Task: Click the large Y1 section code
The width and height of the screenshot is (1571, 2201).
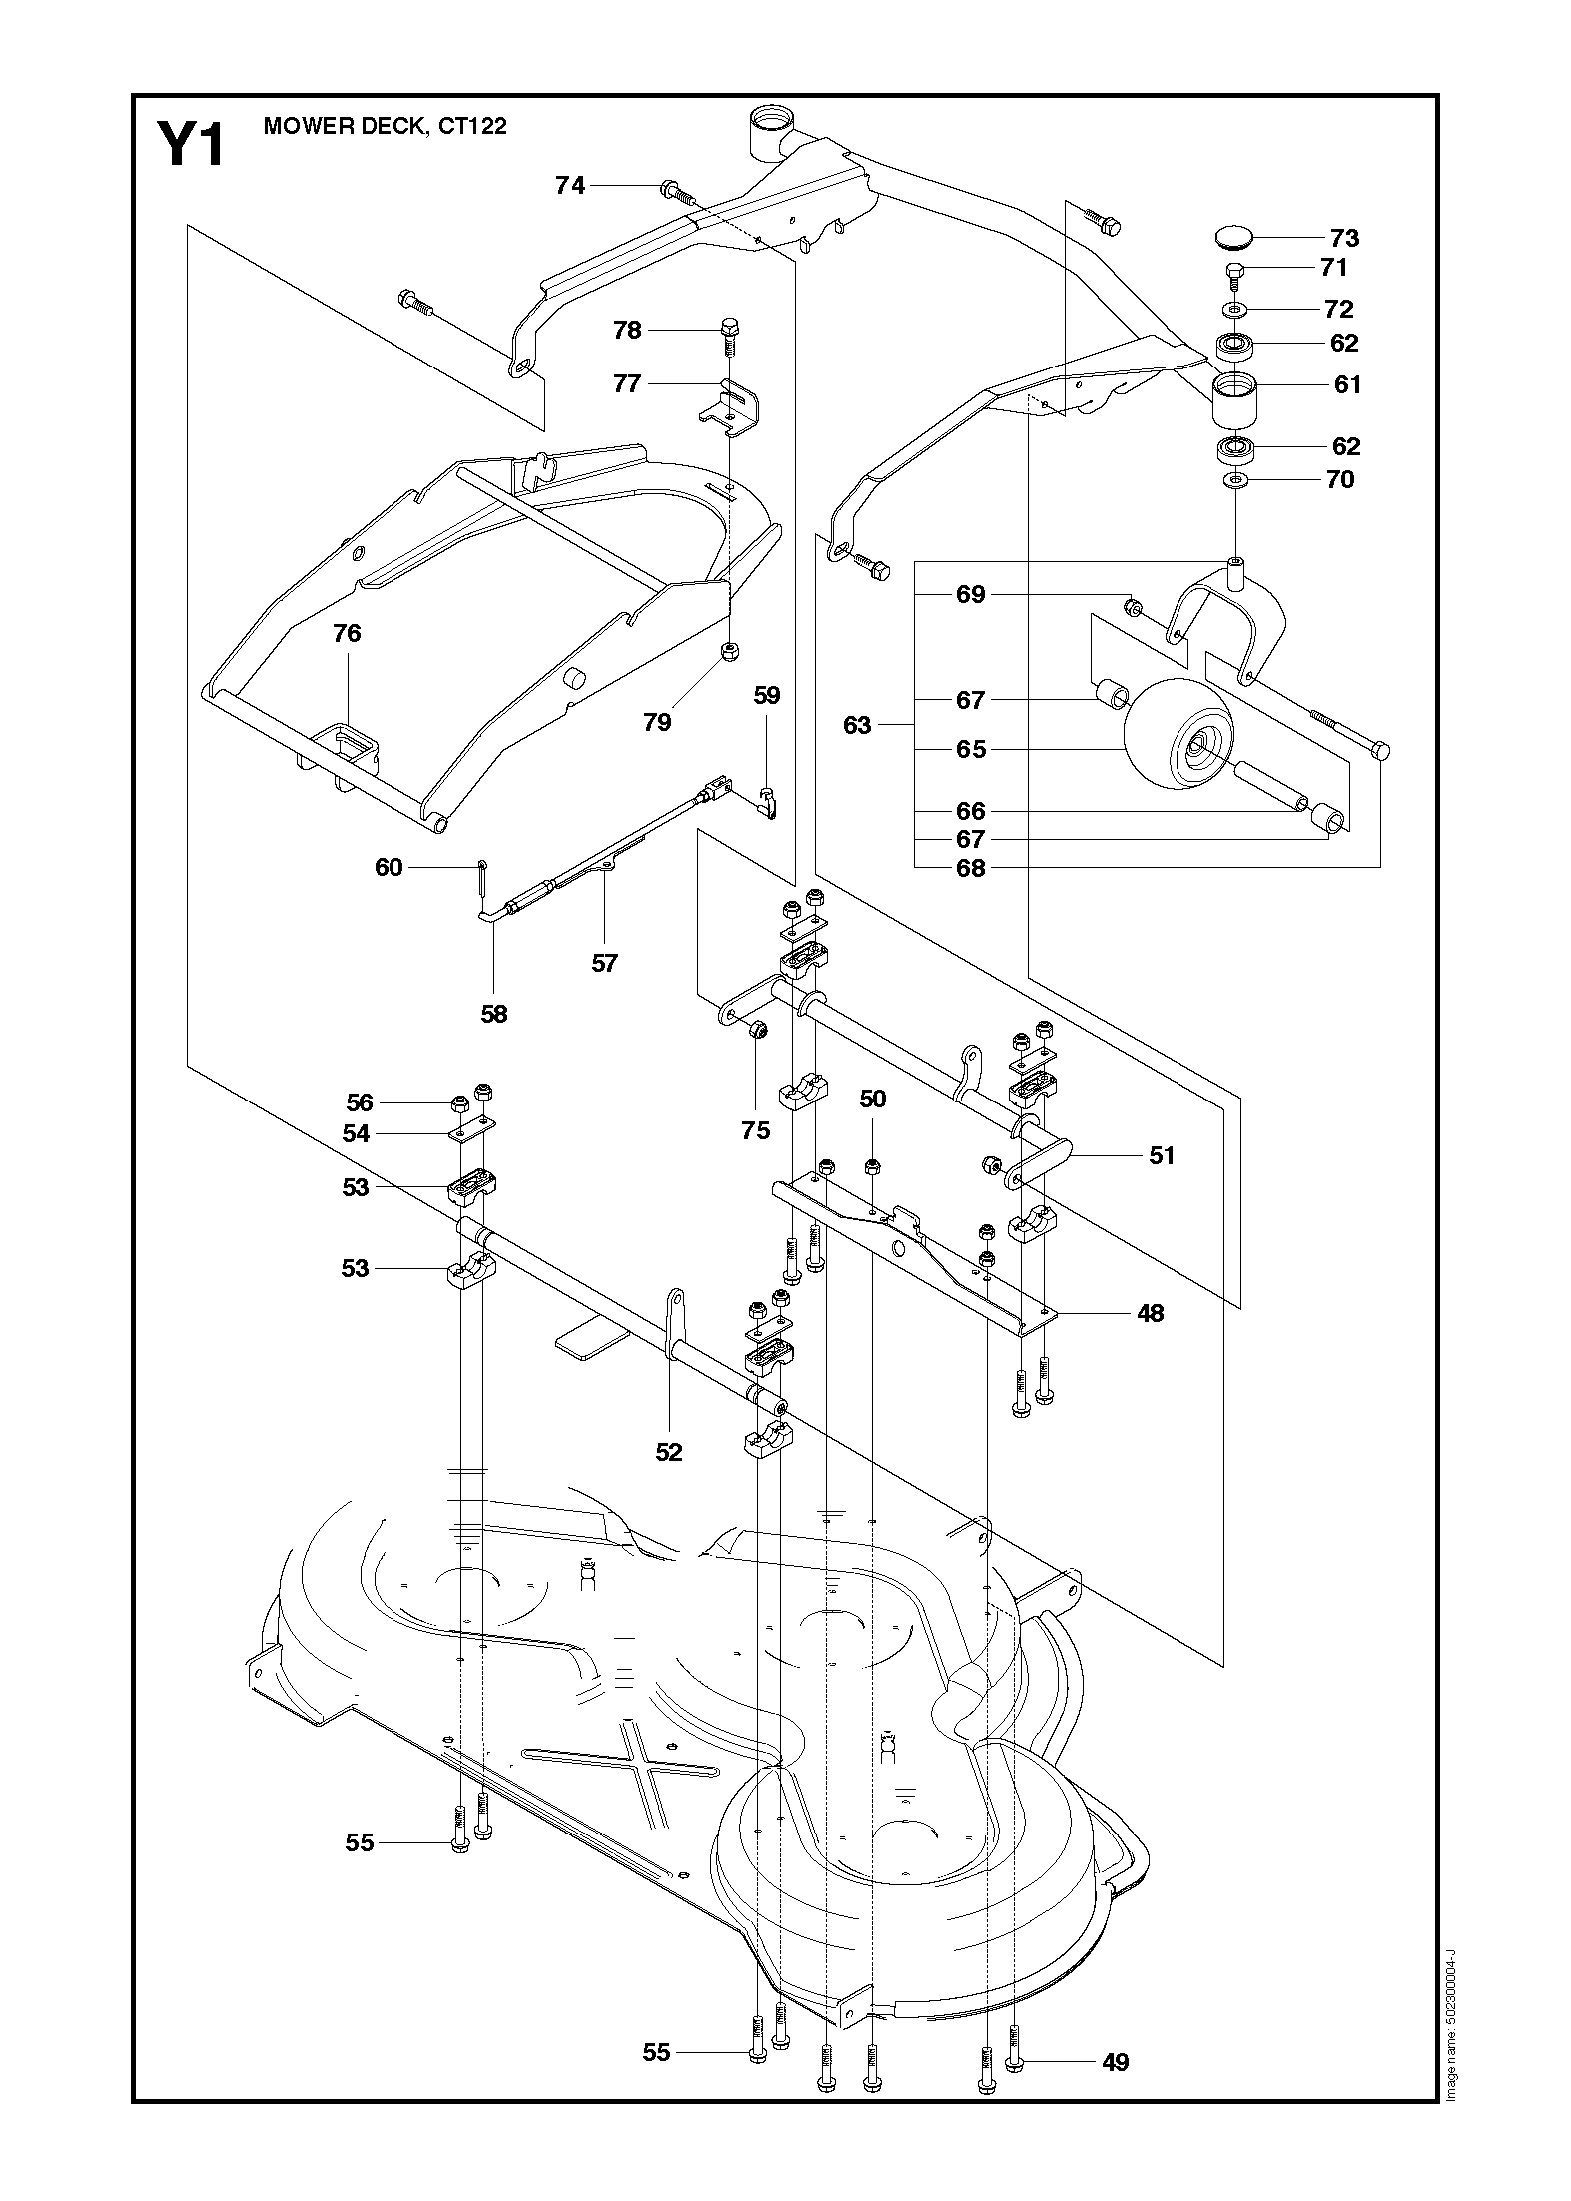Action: tap(191, 145)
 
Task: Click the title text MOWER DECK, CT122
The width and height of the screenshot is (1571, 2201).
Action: tap(385, 126)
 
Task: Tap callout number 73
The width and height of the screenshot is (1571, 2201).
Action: tap(1344, 238)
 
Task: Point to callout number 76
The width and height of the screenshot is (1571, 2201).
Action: tap(347, 633)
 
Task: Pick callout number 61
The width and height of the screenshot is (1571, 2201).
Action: tap(1347, 384)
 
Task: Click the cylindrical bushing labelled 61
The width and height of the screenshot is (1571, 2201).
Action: tap(1234, 400)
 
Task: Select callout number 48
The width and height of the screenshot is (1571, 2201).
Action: tap(1151, 1313)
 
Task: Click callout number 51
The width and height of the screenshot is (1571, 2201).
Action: tap(1162, 1155)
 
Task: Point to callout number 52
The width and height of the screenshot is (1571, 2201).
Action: tap(668, 1452)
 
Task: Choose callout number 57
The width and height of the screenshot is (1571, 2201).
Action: tap(604, 963)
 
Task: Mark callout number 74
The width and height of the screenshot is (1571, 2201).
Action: tap(570, 185)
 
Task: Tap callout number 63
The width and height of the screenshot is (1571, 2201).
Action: tap(857, 725)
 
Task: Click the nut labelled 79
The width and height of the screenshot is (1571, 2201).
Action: tap(731, 653)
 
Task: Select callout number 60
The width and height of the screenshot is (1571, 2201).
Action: tap(389, 867)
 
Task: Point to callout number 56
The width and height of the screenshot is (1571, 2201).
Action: tap(359, 1102)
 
